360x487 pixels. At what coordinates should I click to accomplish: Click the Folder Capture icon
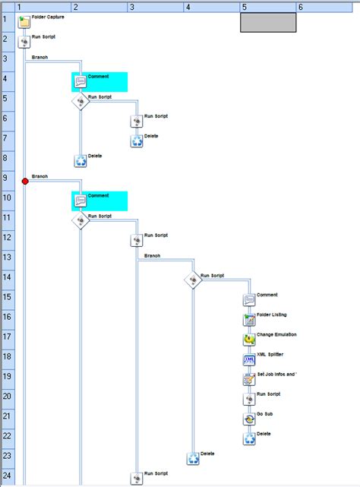click(24, 21)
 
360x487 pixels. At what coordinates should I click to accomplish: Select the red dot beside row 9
click(25, 181)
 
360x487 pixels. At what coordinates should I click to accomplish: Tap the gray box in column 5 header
click(267, 22)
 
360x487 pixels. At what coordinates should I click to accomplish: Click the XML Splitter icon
click(250, 359)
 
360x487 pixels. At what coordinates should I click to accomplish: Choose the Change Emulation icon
click(250, 340)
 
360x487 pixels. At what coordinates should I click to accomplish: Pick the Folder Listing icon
click(250, 320)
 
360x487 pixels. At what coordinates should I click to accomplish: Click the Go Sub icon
click(250, 419)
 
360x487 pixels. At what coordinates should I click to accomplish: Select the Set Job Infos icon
click(250, 379)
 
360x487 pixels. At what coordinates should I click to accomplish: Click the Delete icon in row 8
click(81, 160)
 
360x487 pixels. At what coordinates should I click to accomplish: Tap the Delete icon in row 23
click(194, 458)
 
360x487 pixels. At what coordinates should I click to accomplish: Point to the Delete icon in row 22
click(250, 438)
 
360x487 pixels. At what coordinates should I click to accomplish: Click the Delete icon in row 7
click(137, 141)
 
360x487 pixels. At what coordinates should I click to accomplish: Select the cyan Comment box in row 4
click(99, 81)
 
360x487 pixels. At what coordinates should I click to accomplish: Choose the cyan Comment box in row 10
click(99, 201)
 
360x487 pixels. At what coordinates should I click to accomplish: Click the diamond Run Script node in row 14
click(194, 280)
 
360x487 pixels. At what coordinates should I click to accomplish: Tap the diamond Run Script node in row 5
click(81, 101)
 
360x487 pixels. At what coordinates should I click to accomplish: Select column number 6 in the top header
click(301, 7)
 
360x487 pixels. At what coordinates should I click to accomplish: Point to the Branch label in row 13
click(153, 256)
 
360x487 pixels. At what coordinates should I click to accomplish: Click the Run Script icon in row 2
click(24, 42)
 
